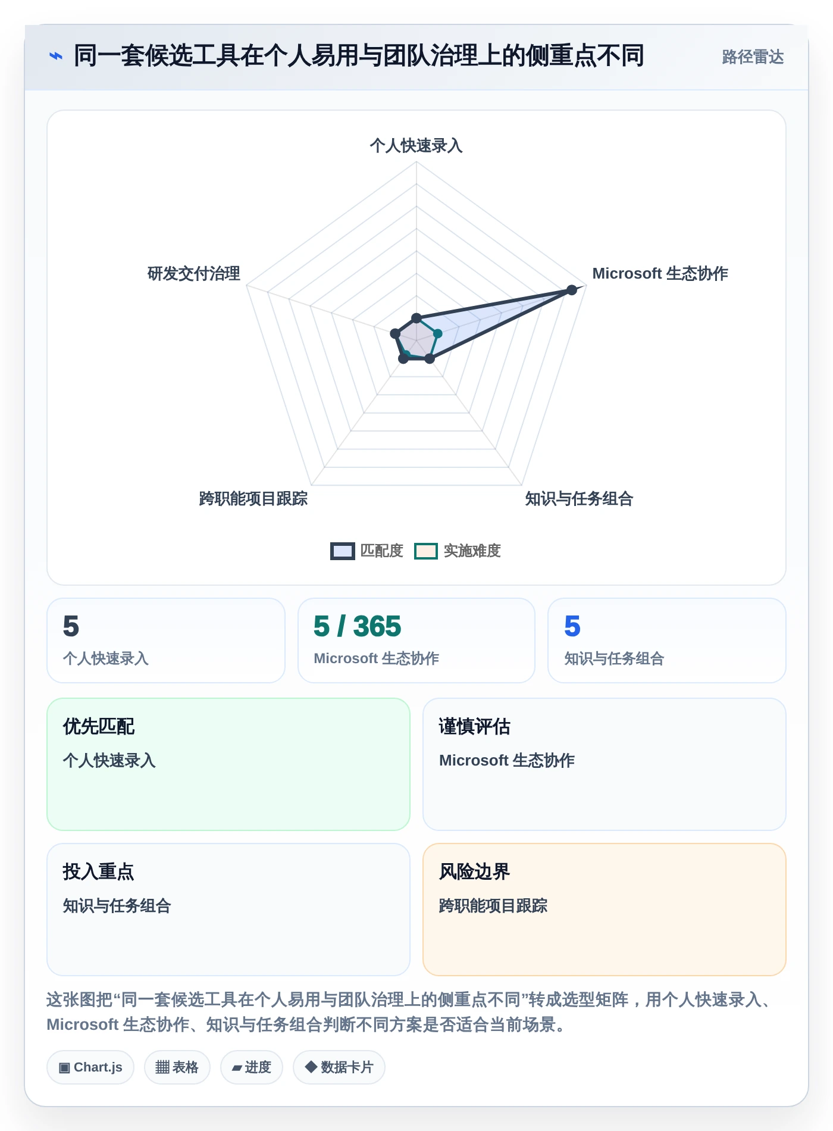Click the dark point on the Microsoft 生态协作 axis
coord(572,290)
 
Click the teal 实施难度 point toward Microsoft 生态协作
coord(437,334)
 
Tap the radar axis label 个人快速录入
coord(416,146)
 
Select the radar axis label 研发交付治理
coord(194,274)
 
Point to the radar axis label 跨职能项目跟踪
coord(253,499)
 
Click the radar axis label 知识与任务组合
coord(579,499)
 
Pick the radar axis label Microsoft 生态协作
coord(660,274)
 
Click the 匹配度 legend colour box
coord(343,551)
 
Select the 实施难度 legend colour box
coord(426,551)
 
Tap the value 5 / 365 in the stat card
coord(357,626)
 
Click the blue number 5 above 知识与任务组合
coord(572,626)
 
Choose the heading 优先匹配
coord(99,727)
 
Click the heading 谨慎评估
coord(475,727)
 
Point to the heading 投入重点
coord(99,872)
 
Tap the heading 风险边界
coord(475,872)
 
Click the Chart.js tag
coord(90,1067)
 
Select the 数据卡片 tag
coord(339,1067)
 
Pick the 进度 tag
coord(252,1067)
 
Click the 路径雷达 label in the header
coord(753,57)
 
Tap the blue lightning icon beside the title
coord(55,57)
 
